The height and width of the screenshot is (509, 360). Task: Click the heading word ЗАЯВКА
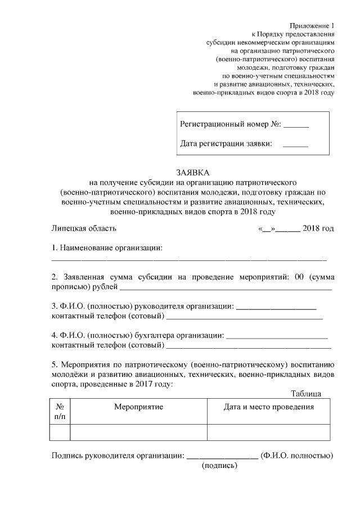point(192,172)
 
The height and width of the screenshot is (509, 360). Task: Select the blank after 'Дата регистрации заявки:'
point(295,146)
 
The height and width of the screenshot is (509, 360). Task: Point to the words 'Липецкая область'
point(84,228)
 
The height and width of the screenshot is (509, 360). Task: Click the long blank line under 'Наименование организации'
point(189,260)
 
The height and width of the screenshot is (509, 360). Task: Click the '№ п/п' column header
point(60,411)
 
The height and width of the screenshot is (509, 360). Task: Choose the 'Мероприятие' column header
point(138,407)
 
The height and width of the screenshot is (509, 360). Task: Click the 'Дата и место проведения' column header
point(268,407)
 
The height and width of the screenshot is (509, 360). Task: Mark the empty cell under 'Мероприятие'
point(138,432)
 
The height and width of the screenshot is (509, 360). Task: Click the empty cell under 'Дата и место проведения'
point(268,432)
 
